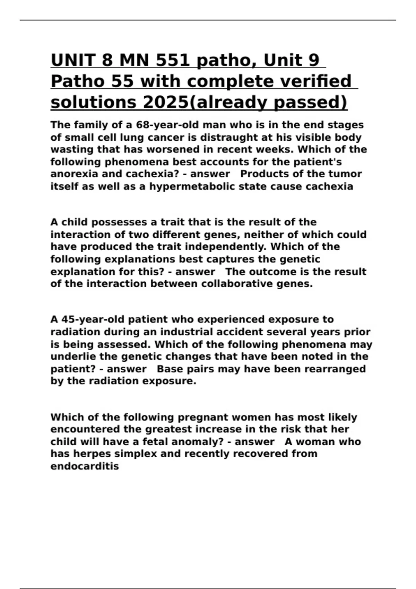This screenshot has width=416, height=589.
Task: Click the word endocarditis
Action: (x=85, y=466)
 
